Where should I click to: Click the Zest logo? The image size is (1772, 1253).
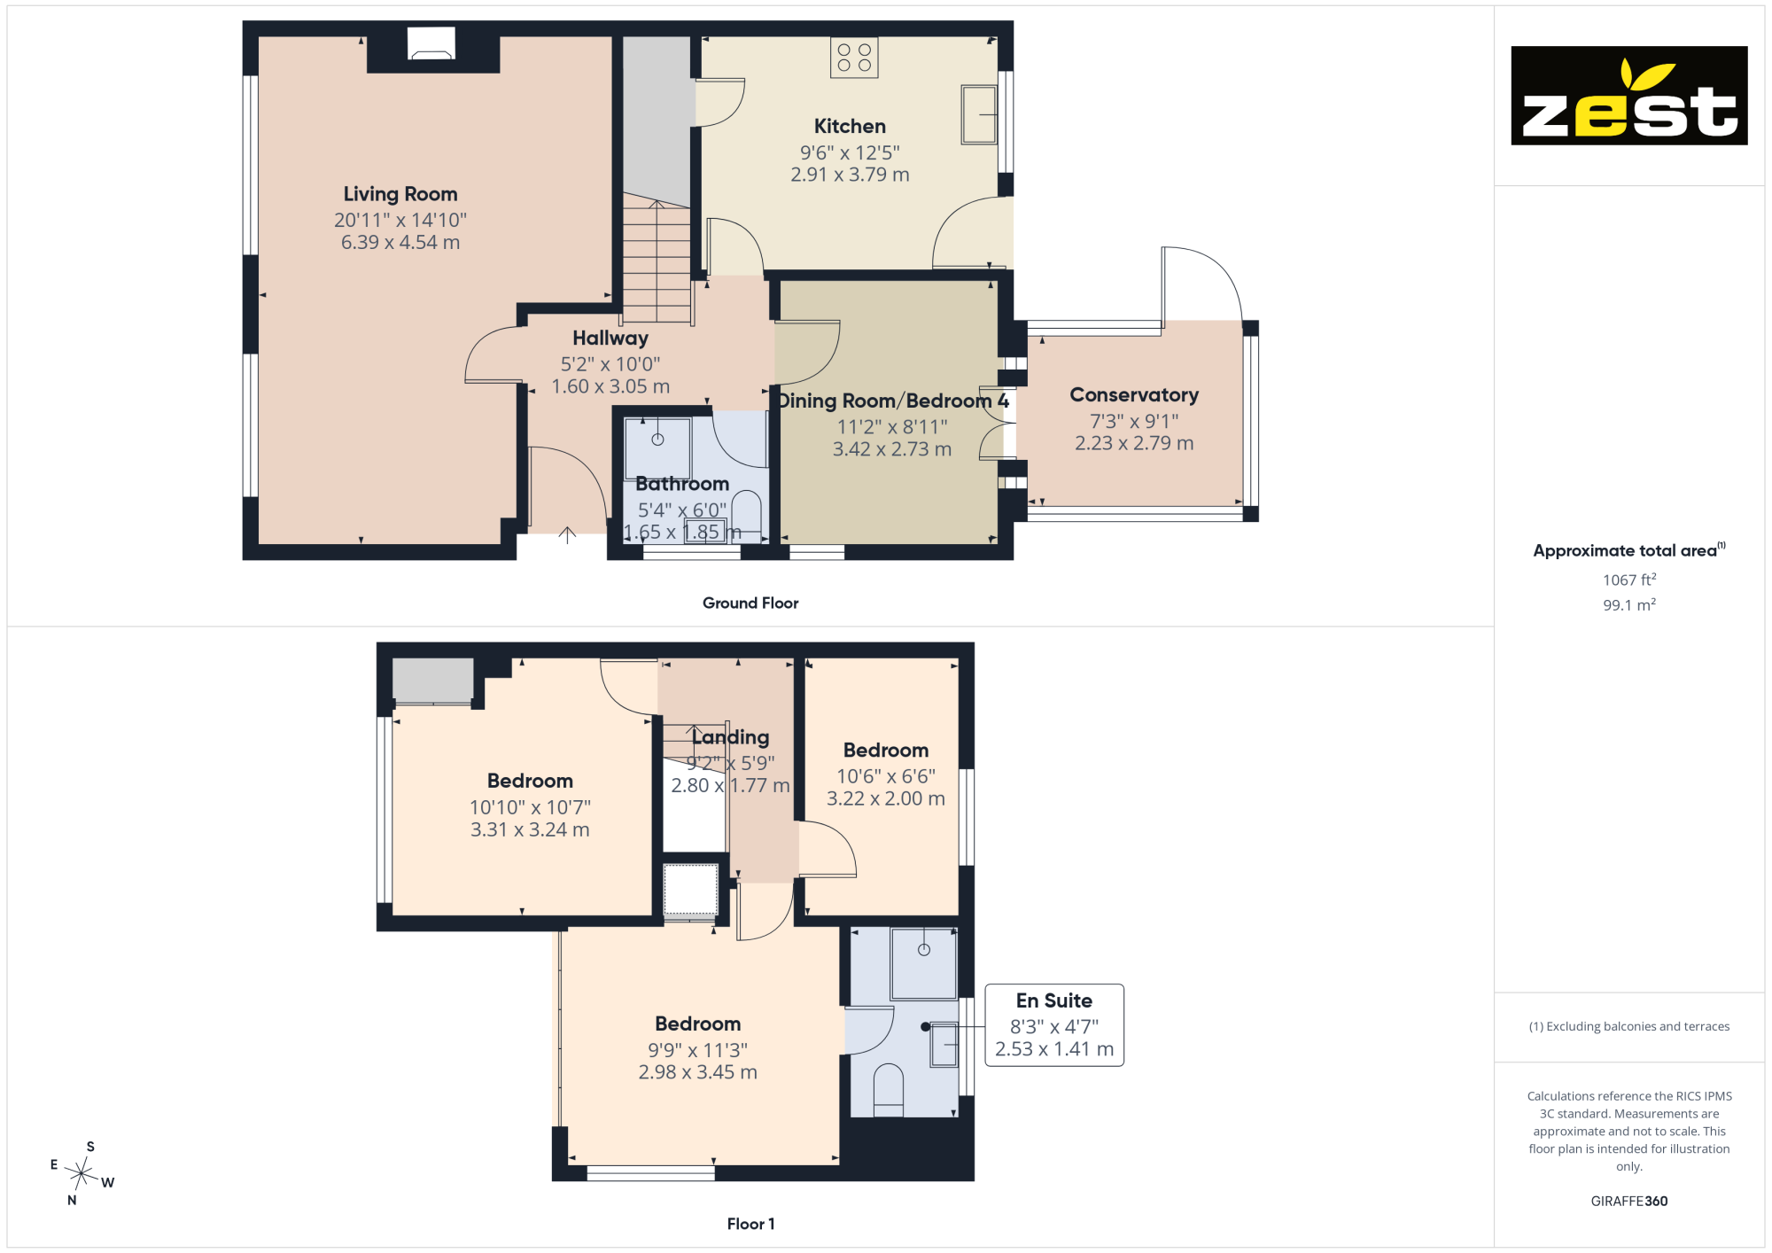[1628, 96]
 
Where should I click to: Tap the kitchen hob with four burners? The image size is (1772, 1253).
[854, 58]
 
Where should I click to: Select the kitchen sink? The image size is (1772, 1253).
[979, 114]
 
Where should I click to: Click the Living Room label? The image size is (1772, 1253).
[400, 194]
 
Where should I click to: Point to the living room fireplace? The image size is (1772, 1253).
[431, 43]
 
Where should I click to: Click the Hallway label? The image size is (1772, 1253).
[610, 339]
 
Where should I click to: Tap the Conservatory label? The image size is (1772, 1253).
[1134, 395]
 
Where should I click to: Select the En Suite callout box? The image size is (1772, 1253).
[1054, 1025]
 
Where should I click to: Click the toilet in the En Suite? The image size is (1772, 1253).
[889, 1090]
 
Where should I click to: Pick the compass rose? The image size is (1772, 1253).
[82, 1174]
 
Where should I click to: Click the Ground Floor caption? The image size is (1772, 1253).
[750, 603]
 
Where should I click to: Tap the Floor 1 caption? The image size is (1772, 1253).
[750, 1225]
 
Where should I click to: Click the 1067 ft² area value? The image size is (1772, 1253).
[1629, 580]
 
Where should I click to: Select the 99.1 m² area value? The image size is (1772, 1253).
[1629, 605]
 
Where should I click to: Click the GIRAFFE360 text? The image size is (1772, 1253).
[1629, 1202]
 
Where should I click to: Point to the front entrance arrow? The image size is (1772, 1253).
[567, 534]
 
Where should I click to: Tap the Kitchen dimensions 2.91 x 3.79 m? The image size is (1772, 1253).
[851, 175]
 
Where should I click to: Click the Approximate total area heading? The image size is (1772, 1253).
[1629, 550]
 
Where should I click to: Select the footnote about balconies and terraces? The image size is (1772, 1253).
[1629, 1027]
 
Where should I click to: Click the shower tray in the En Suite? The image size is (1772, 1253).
[924, 964]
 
